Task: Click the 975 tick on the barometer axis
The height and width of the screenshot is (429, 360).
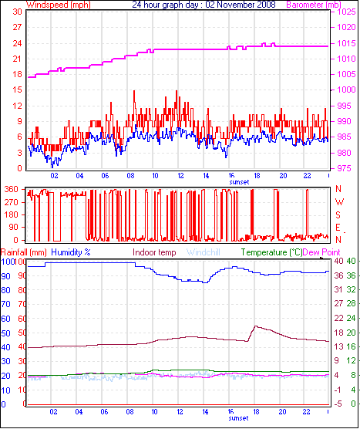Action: [x=344, y=168]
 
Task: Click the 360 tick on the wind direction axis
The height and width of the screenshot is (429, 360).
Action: [x=12, y=189]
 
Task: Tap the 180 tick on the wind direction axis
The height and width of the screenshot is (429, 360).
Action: [x=12, y=214]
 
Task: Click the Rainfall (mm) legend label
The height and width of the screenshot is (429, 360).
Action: [x=23, y=252]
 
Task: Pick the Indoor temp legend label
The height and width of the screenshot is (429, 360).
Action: [x=154, y=252]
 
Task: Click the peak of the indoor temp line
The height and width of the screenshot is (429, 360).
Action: [x=255, y=326]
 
